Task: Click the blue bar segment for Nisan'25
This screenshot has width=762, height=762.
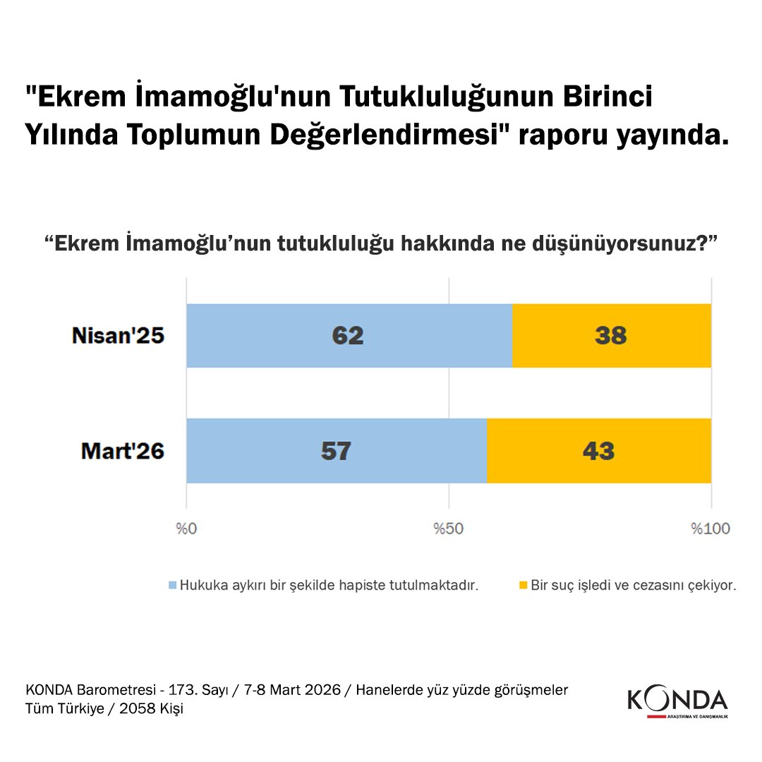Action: point(282,335)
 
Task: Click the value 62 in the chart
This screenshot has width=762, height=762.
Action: point(348,335)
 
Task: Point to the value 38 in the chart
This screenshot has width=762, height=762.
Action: point(611,335)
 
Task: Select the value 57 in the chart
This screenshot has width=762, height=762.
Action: point(336,451)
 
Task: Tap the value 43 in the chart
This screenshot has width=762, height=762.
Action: point(598,451)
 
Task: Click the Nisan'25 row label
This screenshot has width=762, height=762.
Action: point(118,335)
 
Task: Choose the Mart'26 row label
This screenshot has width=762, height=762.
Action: point(123,451)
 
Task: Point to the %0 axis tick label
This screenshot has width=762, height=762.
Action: point(186,529)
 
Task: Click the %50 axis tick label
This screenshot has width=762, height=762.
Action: point(449,529)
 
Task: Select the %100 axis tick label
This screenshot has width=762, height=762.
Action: point(711,529)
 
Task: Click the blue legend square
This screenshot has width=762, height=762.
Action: point(171,585)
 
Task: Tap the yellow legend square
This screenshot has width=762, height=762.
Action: point(523,585)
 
